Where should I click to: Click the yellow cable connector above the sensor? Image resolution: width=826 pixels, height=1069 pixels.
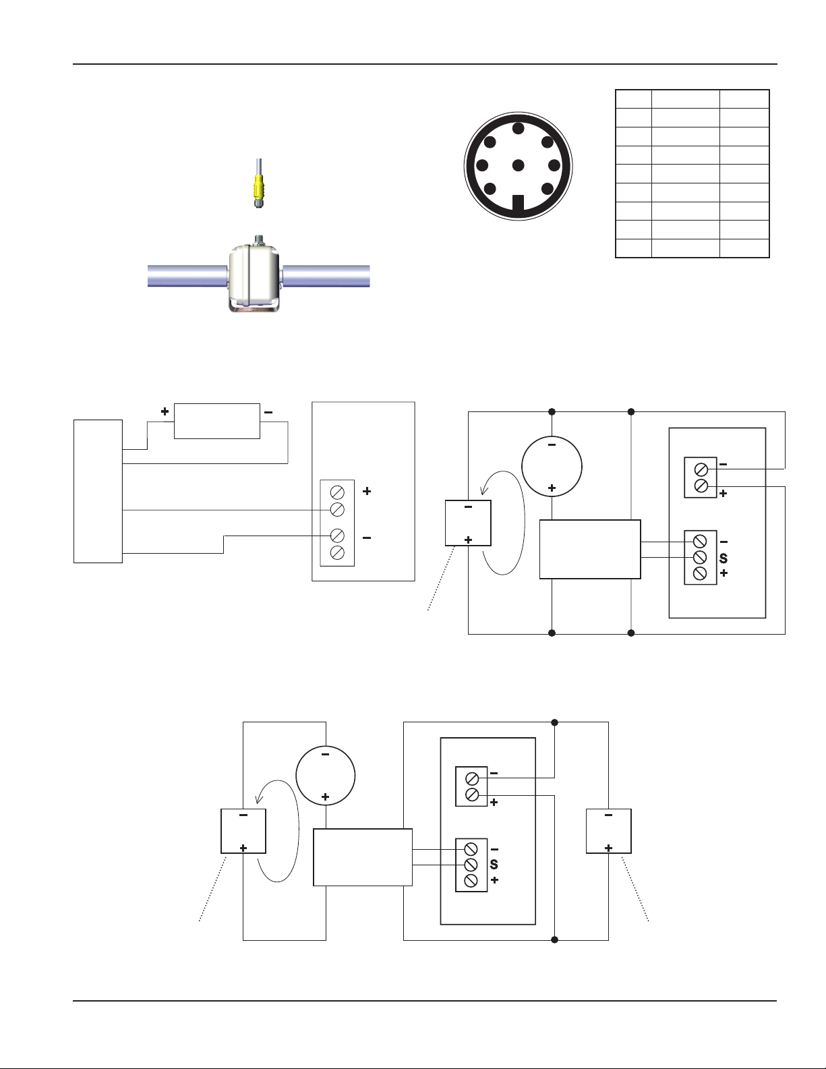(x=258, y=191)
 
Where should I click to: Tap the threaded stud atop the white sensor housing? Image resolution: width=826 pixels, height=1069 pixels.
(x=259, y=238)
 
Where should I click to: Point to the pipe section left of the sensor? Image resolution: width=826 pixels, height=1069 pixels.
(x=186, y=276)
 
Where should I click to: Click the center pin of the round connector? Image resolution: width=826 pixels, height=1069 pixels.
(x=518, y=165)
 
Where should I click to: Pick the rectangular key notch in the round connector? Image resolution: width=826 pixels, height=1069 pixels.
(x=518, y=202)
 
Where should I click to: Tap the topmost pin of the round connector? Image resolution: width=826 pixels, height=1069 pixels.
(x=518, y=128)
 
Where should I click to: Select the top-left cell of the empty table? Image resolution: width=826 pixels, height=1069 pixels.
(x=634, y=98)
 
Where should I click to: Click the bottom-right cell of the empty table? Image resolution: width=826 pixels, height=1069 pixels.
(x=744, y=248)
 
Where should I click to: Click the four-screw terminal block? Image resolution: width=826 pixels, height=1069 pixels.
(x=337, y=523)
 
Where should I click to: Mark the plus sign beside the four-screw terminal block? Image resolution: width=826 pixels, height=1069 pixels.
(x=367, y=492)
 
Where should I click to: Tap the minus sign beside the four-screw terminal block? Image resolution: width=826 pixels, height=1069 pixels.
(x=367, y=538)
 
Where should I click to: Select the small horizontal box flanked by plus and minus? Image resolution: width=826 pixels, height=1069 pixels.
(x=216, y=421)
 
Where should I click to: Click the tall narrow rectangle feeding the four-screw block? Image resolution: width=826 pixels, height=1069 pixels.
(x=98, y=491)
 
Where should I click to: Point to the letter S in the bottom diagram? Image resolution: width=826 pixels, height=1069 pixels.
(x=494, y=865)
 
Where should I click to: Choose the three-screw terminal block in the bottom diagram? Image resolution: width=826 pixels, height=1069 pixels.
(x=471, y=865)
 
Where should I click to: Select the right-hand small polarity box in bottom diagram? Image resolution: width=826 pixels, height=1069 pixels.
(x=608, y=831)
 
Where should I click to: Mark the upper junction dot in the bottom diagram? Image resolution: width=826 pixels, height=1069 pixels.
(x=554, y=722)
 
